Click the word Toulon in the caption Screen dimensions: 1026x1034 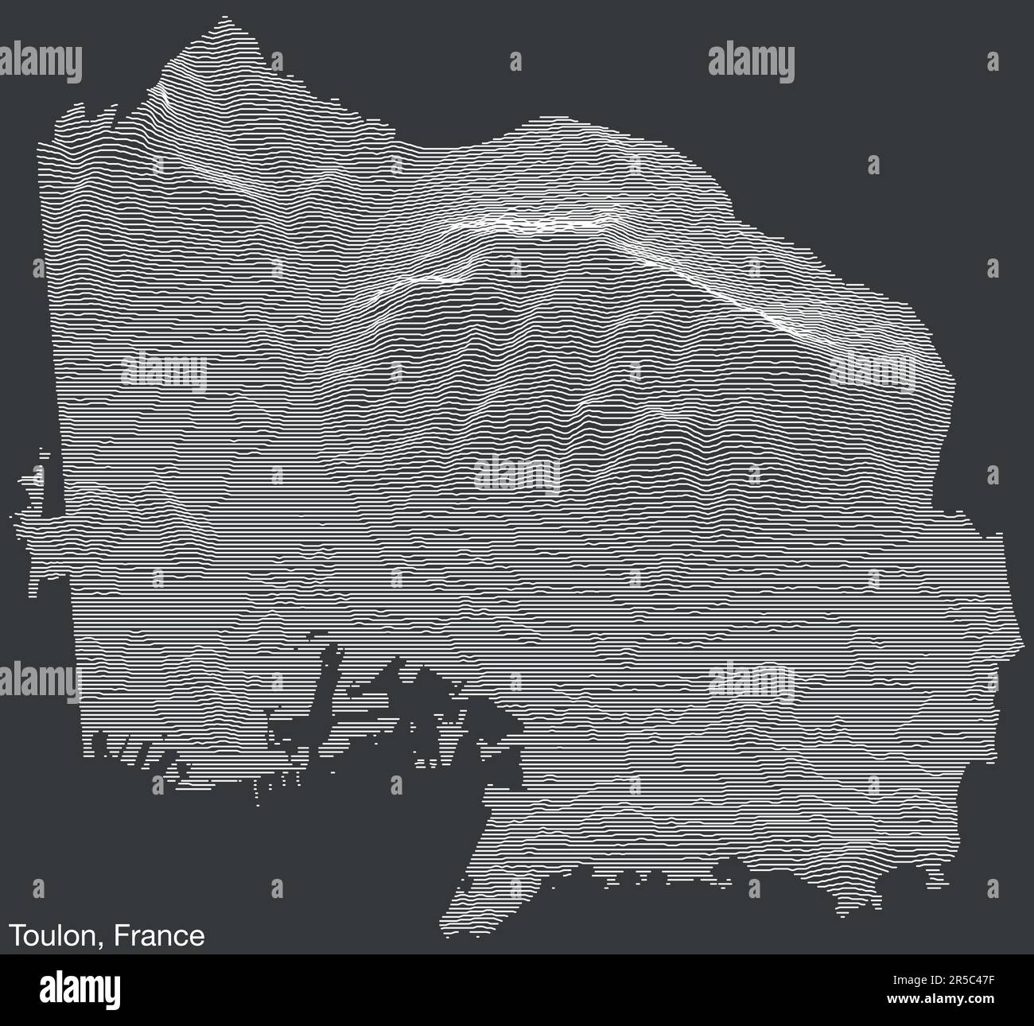[52, 935]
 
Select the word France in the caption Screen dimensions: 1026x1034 [159, 935]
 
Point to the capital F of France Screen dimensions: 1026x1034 [120, 935]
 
